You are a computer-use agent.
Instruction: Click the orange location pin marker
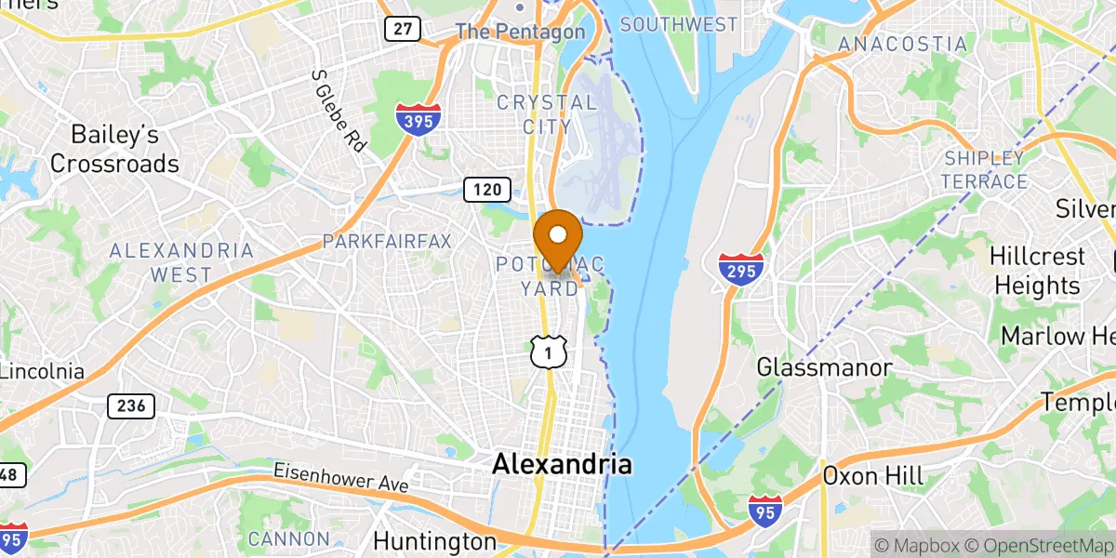click(558, 238)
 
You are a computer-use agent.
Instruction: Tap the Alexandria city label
click(563, 464)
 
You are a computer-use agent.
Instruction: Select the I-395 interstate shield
click(412, 119)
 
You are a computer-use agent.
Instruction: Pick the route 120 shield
click(487, 191)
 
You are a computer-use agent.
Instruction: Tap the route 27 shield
click(402, 28)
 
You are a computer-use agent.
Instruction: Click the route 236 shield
click(130, 405)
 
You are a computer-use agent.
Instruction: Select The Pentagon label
click(520, 32)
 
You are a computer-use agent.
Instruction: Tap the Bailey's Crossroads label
click(114, 149)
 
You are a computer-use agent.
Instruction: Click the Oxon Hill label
click(872, 476)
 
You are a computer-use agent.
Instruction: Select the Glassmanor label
click(825, 367)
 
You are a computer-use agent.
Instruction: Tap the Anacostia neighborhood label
click(902, 44)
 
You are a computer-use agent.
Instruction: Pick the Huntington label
click(435, 541)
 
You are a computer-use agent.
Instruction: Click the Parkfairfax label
click(387, 242)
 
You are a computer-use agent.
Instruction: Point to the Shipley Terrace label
click(984, 169)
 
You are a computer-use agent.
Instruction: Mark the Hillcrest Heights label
click(1037, 270)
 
